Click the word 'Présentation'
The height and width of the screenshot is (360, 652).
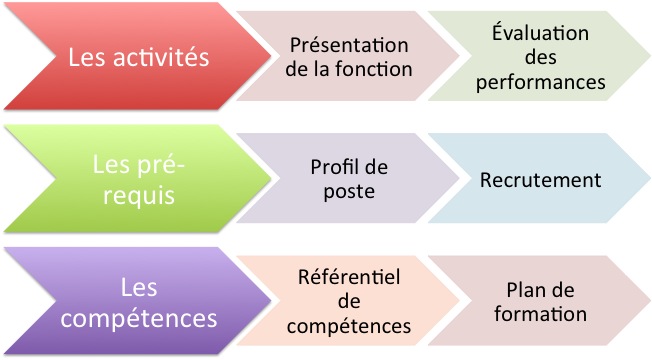[x=349, y=46]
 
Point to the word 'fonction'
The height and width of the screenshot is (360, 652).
[x=375, y=70]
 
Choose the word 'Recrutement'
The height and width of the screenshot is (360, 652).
[x=541, y=180]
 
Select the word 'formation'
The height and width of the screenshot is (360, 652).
[x=541, y=314]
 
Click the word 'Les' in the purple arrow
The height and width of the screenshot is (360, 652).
[x=139, y=288]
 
